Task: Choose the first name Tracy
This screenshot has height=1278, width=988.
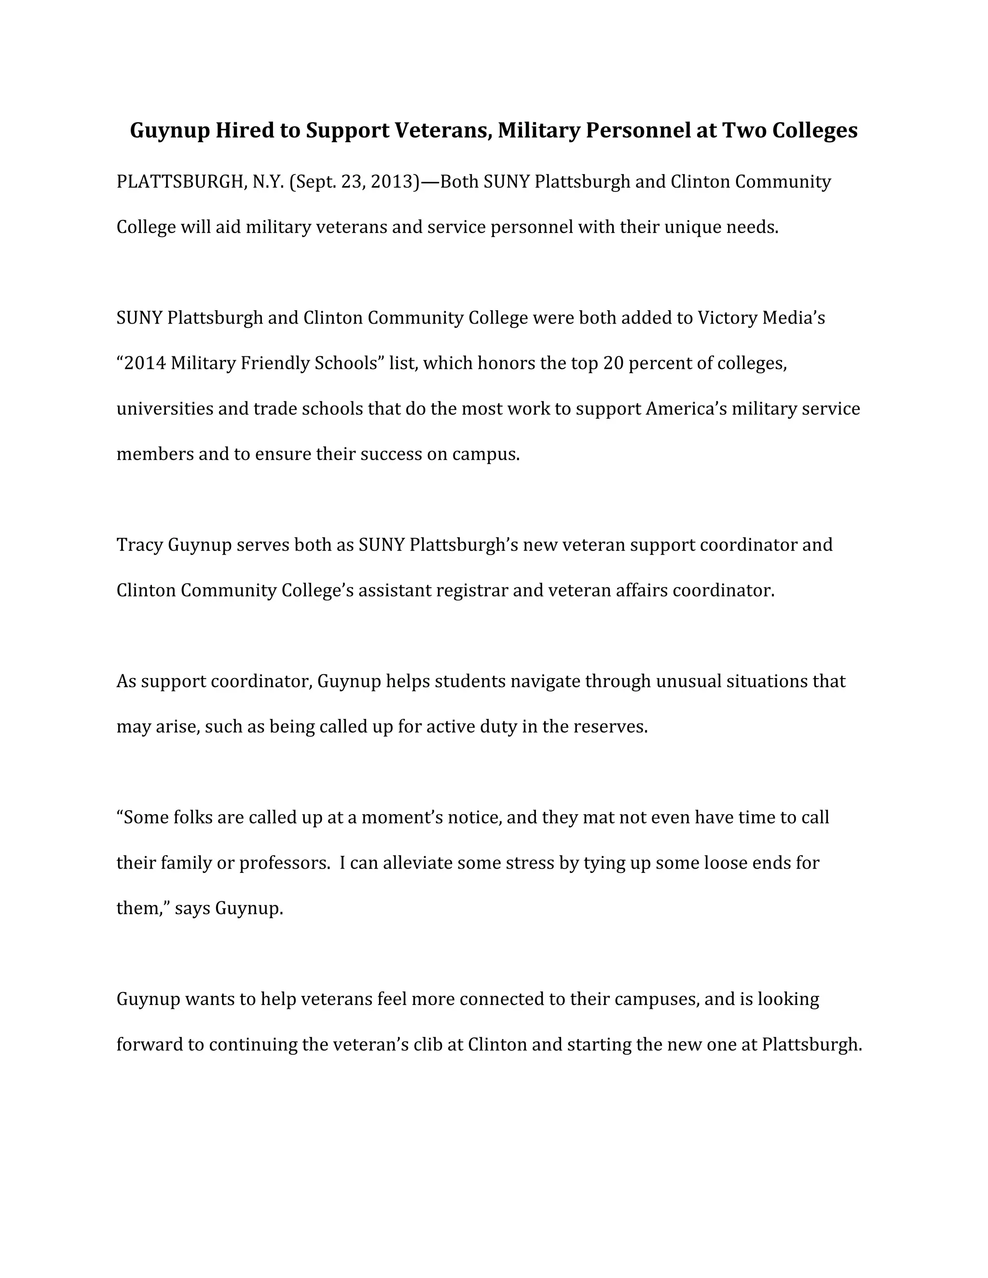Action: click(139, 545)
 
